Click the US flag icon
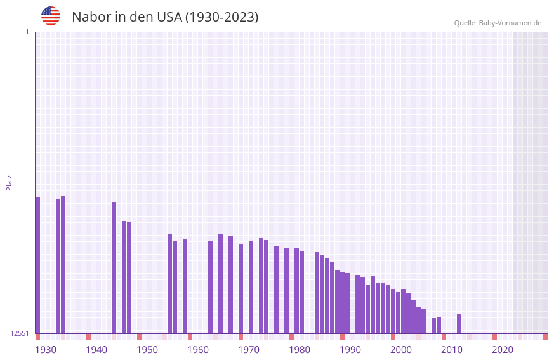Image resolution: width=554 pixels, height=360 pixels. [x=51, y=16]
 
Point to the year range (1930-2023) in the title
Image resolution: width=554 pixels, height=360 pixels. [x=221, y=17]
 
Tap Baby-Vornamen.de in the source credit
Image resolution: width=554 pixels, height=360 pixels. [x=510, y=23]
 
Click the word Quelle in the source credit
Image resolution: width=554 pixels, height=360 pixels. [x=465, y=23]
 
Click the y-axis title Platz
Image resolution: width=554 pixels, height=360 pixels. [x=9, y=182]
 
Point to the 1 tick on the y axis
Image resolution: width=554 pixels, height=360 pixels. [x=27, y=32]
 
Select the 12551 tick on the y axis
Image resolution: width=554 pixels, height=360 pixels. [x=20, y=333]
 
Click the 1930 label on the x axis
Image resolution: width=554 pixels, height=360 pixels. [x=46, y=349]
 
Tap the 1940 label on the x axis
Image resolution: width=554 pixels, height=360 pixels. [x=96, y=349]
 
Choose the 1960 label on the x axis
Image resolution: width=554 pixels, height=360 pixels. [x=198, y=349]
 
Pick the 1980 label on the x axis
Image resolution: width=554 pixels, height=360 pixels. [x=300, y=349]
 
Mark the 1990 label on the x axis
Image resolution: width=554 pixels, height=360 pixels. [x=350, y=349]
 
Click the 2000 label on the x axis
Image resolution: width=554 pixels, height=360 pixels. [x=401, y=349]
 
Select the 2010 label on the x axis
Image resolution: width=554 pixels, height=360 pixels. [x=452, y=349]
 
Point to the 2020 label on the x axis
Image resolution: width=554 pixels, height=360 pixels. [x=503, y=349]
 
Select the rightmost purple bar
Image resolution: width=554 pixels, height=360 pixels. [x=459, y=323]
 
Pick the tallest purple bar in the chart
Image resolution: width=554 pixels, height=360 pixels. [x=63, y=264]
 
